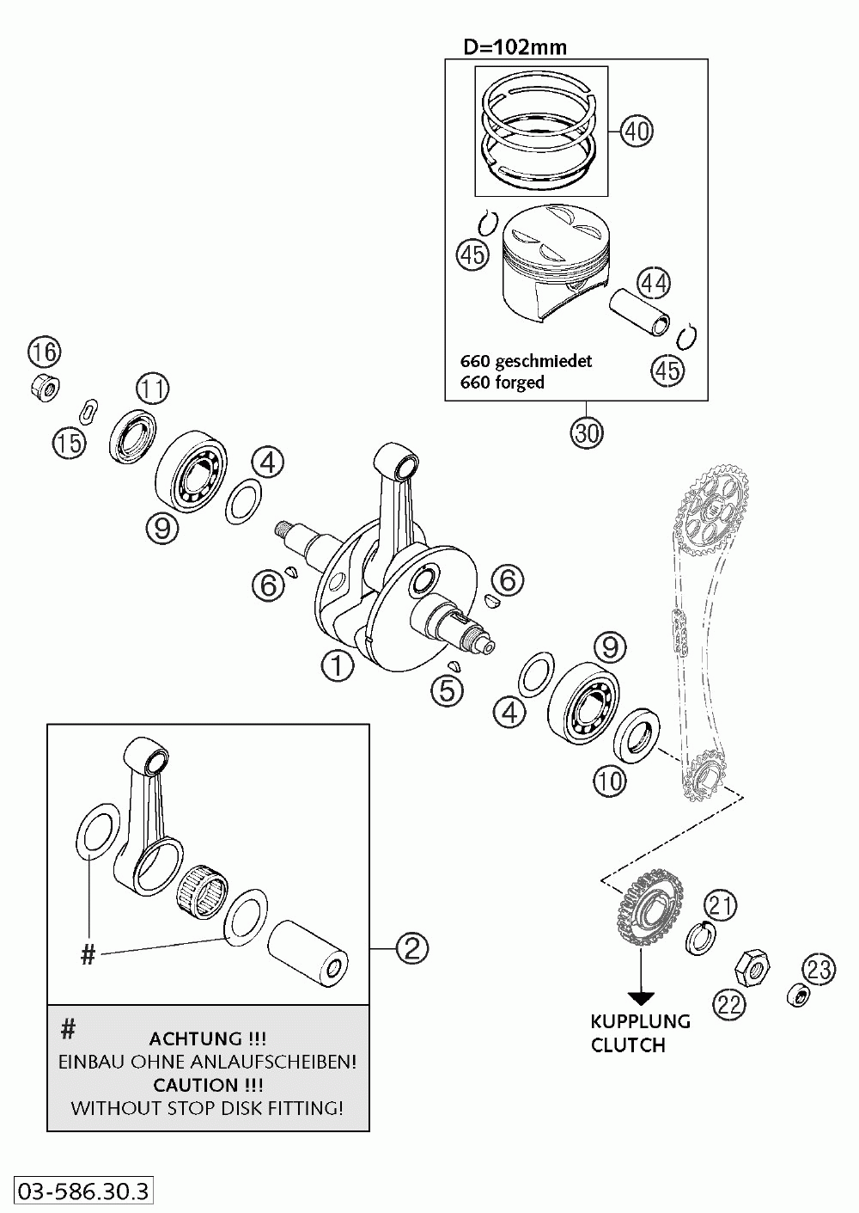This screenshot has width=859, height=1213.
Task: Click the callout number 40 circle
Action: tap(637, 132)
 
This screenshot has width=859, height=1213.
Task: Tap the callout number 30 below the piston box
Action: tap(586, 432)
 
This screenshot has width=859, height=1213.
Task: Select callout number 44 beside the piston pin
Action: tap(654, 283)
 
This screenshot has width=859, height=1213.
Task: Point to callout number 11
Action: tap(152, 389)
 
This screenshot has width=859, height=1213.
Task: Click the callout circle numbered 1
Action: tap(338, 665)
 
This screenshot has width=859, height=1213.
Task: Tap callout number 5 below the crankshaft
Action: tap(448, 689)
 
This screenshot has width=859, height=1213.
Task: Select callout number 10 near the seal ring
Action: tap(609, 780)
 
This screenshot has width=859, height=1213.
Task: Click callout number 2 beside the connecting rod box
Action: tap(411, 948)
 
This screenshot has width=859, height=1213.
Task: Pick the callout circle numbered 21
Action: tap(722, 904)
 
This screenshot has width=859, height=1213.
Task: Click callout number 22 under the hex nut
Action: tap(729, 1004)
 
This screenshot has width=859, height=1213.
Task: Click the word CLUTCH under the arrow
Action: tap(628, 1045)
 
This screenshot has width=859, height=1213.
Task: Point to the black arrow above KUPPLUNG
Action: tap(641, 997)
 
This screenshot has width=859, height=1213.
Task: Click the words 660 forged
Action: tap(503, 383)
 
